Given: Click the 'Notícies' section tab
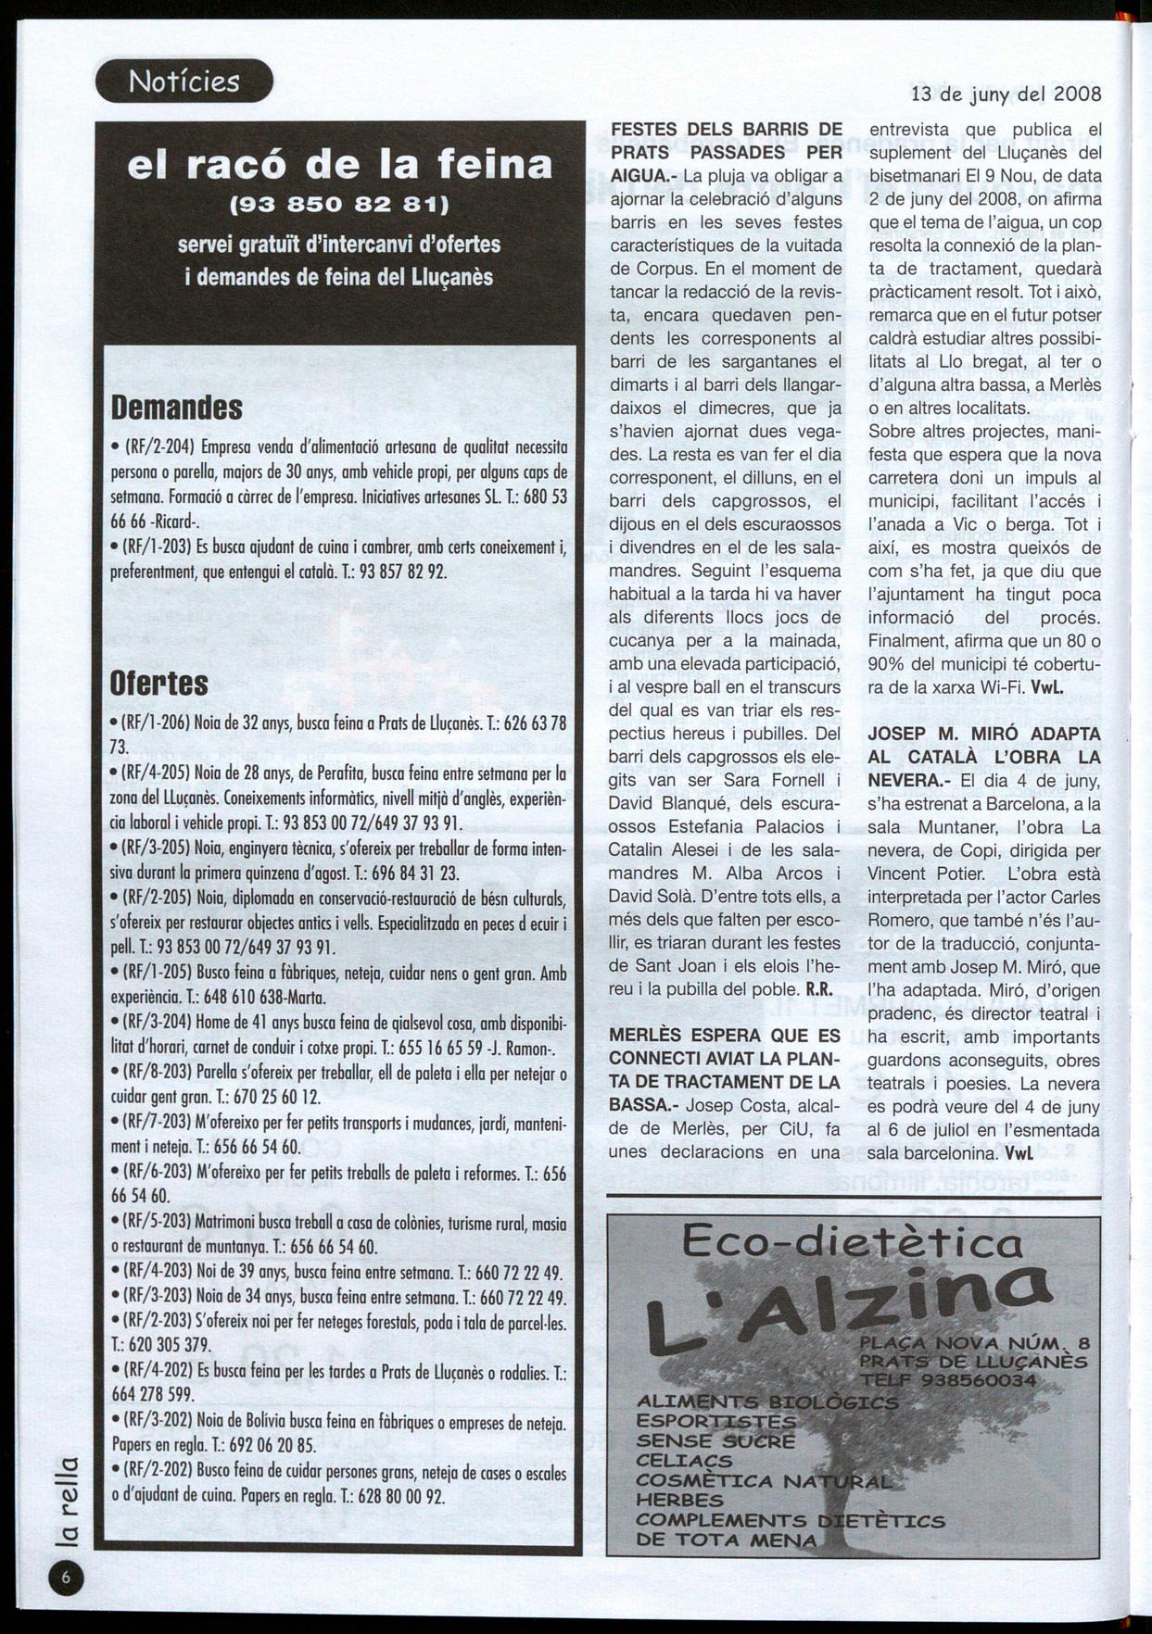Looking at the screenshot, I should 184,82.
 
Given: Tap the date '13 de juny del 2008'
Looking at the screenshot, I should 1006,94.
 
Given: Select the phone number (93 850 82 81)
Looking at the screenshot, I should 339,202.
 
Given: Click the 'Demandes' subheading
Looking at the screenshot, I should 176,407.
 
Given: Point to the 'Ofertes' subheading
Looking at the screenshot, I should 159,684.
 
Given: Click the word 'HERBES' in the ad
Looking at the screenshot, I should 679,1501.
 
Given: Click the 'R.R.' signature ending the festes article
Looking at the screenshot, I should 817,988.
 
